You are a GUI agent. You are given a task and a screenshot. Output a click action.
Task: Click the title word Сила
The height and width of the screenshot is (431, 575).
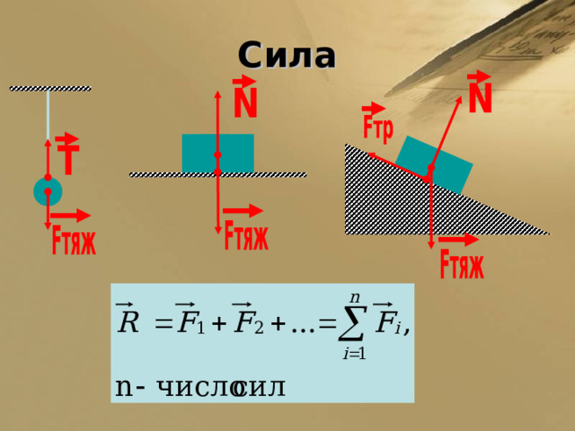click(287, 56)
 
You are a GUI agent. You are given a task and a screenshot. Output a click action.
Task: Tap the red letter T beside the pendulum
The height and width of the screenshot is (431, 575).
click(68, 154)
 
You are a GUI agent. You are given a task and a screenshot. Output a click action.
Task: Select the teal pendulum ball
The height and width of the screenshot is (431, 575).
click(48, 191)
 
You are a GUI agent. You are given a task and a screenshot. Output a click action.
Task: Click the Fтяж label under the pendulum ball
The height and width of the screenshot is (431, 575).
click(74, 240)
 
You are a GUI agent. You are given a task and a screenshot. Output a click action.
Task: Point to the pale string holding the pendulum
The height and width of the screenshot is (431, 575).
click(48, 115)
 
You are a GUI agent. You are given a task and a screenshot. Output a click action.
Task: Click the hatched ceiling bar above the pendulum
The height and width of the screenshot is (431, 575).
click(50, 88)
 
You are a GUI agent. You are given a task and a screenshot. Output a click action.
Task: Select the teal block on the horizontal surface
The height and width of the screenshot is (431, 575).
click(217, 153)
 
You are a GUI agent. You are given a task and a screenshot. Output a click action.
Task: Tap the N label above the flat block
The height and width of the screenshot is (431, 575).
click(245, 98)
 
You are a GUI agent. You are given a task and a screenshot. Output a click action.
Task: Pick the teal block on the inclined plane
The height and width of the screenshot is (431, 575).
click(434, 164)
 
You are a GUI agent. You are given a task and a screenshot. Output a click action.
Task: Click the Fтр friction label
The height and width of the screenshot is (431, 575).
click(377, 124)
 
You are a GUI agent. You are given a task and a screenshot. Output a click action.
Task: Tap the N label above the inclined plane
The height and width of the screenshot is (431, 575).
click(480, 92)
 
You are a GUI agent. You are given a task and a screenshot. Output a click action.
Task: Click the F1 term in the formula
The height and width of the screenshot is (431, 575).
click(190, 318)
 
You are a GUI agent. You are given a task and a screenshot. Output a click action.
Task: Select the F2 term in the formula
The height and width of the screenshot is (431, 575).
click(248, 318)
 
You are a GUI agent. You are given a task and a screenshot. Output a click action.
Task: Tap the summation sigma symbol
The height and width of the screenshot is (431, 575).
click(353, 323)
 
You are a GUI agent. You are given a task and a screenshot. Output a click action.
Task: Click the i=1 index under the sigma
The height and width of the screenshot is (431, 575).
click(354, 354)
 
